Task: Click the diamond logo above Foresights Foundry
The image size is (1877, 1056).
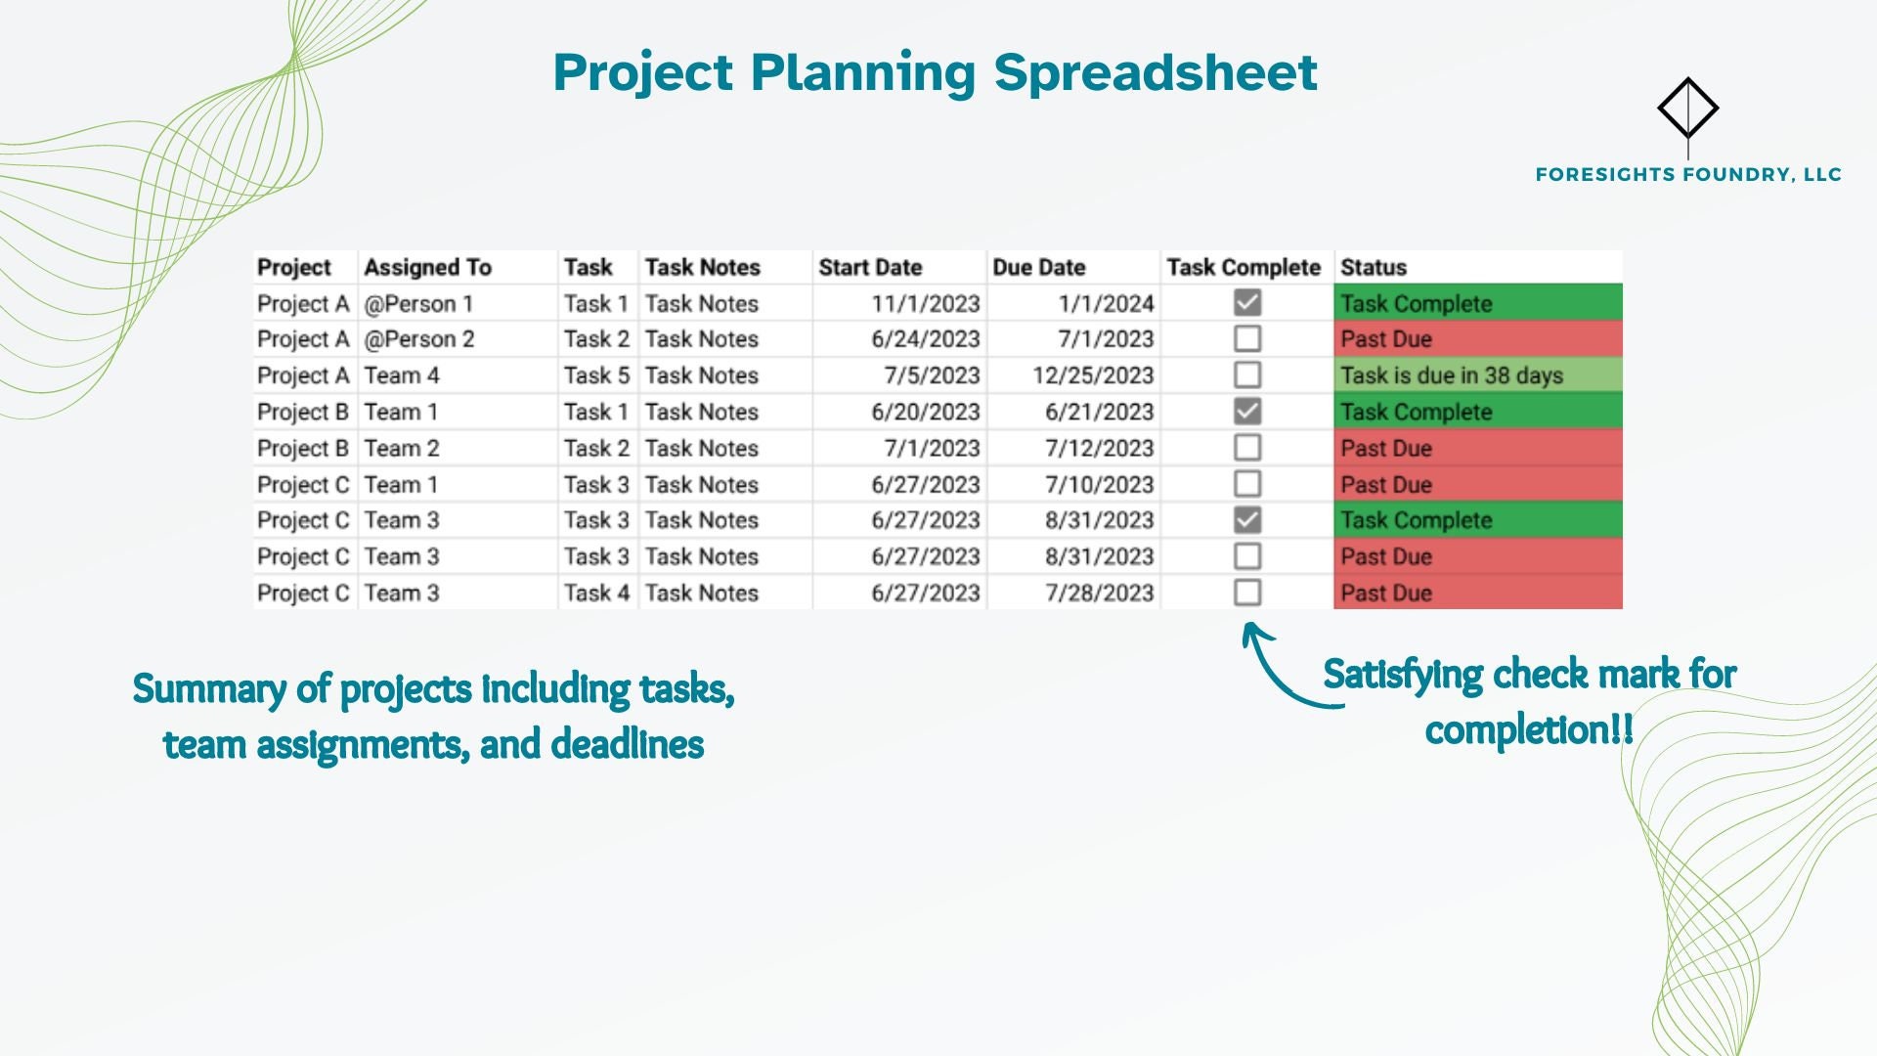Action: [1687, 108]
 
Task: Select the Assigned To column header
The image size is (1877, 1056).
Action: [427, 267]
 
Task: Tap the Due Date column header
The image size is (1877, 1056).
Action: [1038, 267]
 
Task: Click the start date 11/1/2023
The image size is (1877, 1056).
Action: [925, 304]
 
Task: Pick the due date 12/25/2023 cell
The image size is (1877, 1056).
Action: [1093, 375]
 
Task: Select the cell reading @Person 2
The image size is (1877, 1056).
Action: [418, 339]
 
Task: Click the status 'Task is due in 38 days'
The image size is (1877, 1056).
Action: [1451, 375]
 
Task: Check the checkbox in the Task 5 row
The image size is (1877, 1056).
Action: [1246, 374]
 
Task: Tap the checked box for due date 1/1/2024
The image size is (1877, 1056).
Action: [1246, 303]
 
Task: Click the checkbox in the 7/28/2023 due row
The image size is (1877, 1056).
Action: [1246, 593]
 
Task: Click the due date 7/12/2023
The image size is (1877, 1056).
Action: [1099, 448]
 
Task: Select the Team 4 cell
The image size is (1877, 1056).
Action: [402, 375]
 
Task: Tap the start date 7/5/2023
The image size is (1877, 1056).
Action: [932, 375]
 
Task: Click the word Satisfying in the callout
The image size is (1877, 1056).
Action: [1402, 676]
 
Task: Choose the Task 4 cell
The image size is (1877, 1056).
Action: [595, 593]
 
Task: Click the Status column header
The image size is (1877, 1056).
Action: [1373, 267]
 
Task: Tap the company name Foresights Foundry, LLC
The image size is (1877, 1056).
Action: [1687, 175]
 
